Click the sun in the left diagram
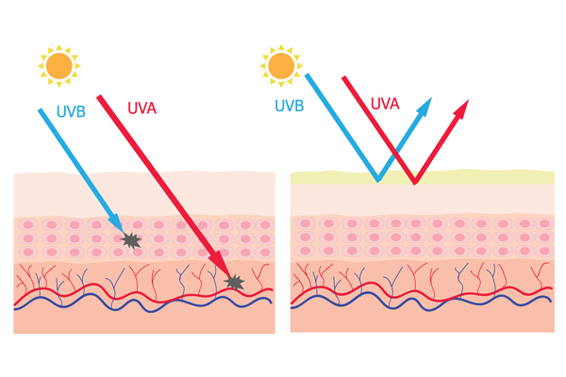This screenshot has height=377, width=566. click(x=59, y=65)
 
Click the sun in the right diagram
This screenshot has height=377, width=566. click(x=280, y=65)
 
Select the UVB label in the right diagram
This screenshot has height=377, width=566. click(x=291, y=106)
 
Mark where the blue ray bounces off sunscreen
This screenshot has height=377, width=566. click(x=378, y=179)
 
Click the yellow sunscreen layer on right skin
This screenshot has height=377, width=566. click(x=491, y=176)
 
